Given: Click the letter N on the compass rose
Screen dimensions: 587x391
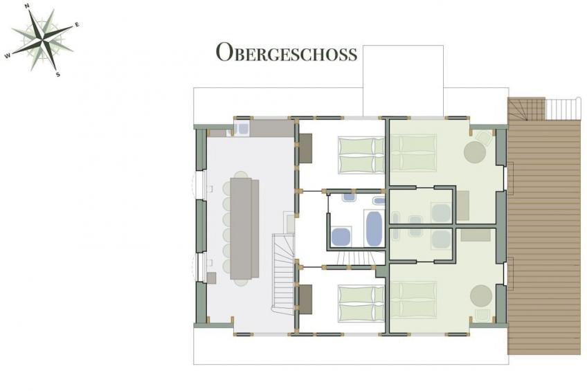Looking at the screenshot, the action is click(x=27, y=6).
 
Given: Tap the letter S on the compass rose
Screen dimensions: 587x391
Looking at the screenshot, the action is click(x=57, y=75).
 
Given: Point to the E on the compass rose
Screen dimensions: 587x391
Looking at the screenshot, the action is click(x=77, y=25).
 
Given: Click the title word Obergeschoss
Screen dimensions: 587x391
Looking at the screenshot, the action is click(x=287, y=52).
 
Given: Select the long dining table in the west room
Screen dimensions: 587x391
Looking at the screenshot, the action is click(x=245, y=228).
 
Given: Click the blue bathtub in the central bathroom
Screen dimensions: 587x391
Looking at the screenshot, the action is click(x=373, y=228).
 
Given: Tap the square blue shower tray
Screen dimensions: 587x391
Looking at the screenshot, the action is click(x=341, y=237).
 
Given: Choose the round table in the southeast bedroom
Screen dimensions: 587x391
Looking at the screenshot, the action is click(x=481, y=295).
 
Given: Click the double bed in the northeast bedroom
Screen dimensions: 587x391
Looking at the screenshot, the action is click(x=414, y=153).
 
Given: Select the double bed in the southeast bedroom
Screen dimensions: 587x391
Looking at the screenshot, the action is click(x=414, y=300).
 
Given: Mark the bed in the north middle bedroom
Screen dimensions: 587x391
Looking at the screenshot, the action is click(x=361, y=155).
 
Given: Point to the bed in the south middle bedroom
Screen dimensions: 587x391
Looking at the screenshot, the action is click(x=361, y=303).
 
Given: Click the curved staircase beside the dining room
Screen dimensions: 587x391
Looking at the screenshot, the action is click(x=283, y=274).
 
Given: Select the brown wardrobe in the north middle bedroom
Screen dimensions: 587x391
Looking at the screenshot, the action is click(x=305, y=148).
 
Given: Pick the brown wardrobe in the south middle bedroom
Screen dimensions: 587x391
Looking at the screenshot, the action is click(x=305, y=299).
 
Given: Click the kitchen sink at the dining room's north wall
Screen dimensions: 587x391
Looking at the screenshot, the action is click(x=243, y=129).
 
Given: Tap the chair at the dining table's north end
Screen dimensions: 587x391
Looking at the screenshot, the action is click(x=242, y=174).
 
